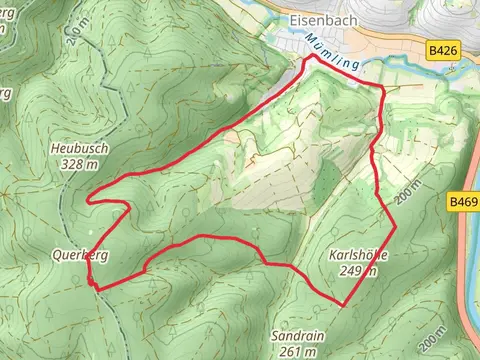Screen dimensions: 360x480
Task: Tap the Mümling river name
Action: [333, 50]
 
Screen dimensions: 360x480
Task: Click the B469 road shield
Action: [463, 202]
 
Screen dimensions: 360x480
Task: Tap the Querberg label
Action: [80, 255]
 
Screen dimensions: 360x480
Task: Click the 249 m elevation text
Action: [357, 270]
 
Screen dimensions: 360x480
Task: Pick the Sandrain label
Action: [297, 336]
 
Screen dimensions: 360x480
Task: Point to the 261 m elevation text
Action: [297, 351]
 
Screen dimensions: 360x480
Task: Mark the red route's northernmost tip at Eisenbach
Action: [312, 57]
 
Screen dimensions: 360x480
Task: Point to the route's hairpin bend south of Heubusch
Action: [90, 199]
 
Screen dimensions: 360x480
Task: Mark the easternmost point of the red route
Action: [395, 226]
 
